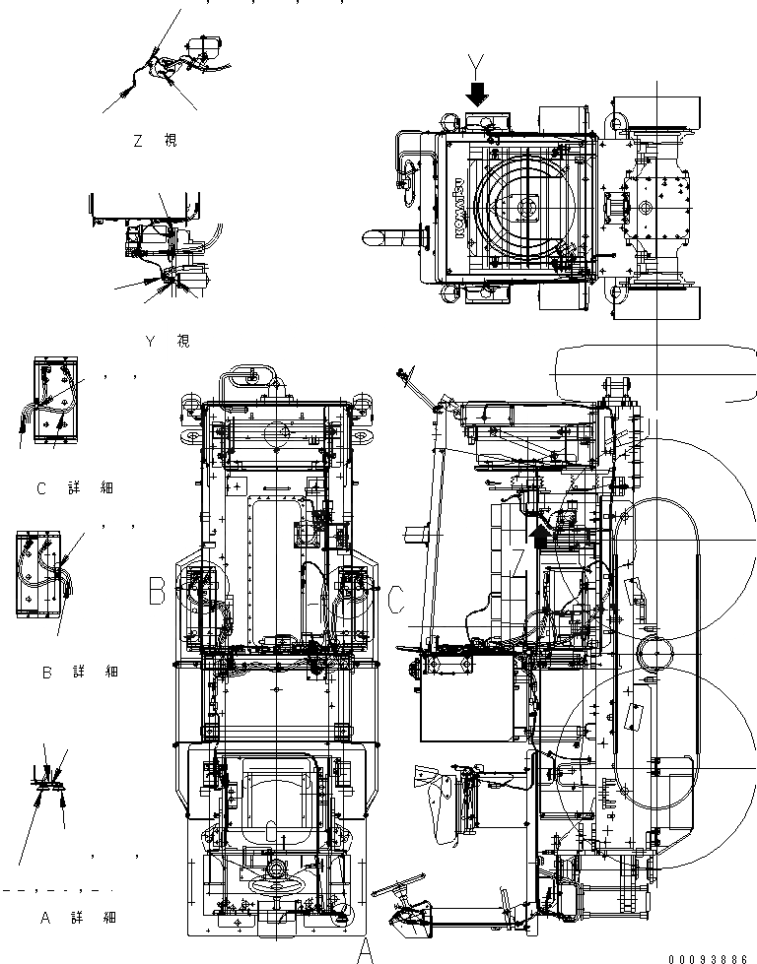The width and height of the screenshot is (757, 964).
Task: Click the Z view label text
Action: tap(155, 141)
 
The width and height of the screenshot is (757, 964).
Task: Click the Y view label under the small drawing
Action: tap(168, 342)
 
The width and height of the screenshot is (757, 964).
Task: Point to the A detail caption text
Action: tap(78, 918)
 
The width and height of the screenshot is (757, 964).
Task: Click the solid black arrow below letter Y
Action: tap(477, 95)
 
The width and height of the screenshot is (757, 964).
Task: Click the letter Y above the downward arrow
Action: tap(477, 67)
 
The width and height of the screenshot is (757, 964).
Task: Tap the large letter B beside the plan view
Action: tap(157, 591)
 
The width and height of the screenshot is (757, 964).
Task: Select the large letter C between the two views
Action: tap(395, 599)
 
